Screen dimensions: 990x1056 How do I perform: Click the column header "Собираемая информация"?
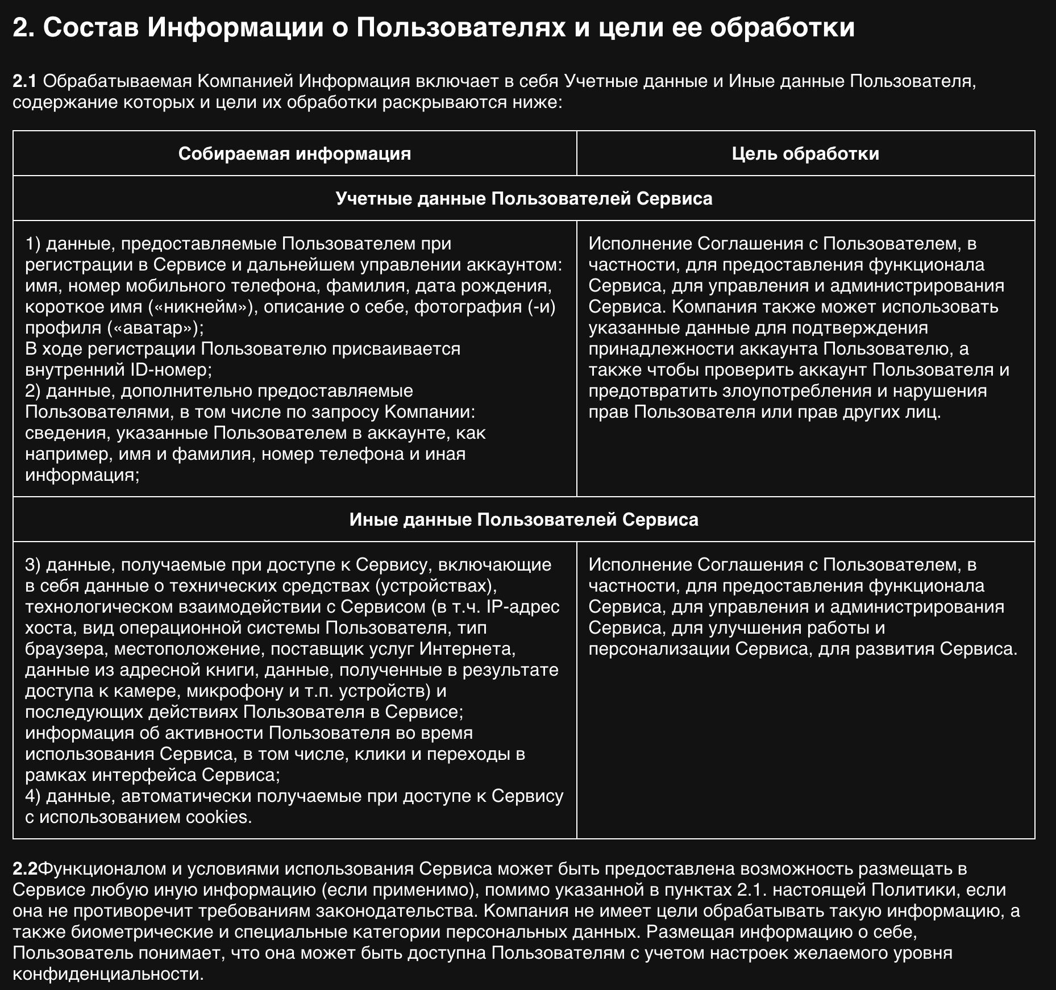(294, 153)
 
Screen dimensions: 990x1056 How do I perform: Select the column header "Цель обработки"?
(805, 153)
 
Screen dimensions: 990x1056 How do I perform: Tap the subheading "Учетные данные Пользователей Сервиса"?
(523, 198)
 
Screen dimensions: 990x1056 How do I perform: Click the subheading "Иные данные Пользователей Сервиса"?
(523, 519)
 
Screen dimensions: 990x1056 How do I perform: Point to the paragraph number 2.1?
(24, 81)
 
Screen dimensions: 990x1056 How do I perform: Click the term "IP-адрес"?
(523, 607)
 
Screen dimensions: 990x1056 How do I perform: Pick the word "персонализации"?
(659, 649)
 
